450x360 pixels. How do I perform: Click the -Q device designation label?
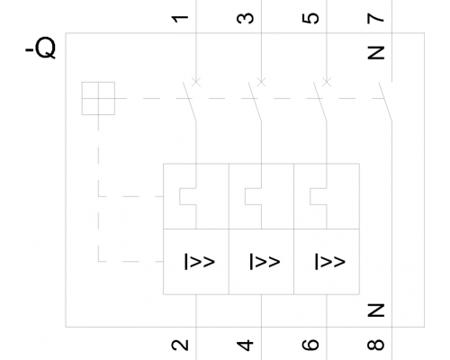pos(40,48)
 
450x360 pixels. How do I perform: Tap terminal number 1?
pos(180,19)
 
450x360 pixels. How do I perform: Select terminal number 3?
pos(245,18)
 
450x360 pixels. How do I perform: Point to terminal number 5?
pos(310,18)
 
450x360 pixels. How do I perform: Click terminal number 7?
pos(375,18)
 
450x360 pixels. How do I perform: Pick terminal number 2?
pos(180,345)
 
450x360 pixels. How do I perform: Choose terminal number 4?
pos(245,345)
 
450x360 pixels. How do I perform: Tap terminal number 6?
pos(310,345)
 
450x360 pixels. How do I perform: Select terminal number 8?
pos(375,345)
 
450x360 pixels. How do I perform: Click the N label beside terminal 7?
pos(375,53)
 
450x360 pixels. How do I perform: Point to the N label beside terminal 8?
pos(375,310)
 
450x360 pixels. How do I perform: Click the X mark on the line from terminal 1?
pos(196,82)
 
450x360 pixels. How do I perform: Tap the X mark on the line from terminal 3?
pos(261,82)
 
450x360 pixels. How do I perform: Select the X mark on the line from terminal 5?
pos(327,82)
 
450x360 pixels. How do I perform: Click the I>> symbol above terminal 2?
pos(199,262)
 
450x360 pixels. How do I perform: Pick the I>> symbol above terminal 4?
pos(265,262)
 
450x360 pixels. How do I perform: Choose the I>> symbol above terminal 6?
pos(330,262)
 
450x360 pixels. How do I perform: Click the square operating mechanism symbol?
pos(98,98)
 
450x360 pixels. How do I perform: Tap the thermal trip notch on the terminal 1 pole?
pos(180,196)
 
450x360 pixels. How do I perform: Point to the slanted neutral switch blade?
pos(385,102)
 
